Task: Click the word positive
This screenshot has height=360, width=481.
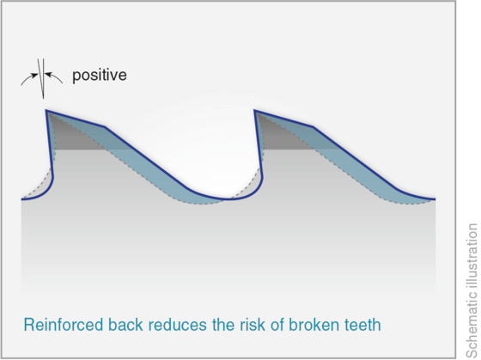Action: [100, 76]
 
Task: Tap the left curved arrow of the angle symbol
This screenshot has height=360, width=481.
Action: [29, 78]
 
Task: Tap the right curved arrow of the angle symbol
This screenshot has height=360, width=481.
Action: [54, 76]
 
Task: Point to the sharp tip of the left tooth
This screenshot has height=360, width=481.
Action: [46, 110]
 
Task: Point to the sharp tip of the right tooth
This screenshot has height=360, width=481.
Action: [254, 110]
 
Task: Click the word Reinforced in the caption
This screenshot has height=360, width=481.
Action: [64, 325]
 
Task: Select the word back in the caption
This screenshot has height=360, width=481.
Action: [125, 325]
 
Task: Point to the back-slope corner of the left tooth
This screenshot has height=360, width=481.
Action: [105, 126]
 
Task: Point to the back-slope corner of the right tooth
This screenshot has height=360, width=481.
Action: [313, 126]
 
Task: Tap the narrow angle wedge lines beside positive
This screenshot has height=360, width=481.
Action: [42, 78]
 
